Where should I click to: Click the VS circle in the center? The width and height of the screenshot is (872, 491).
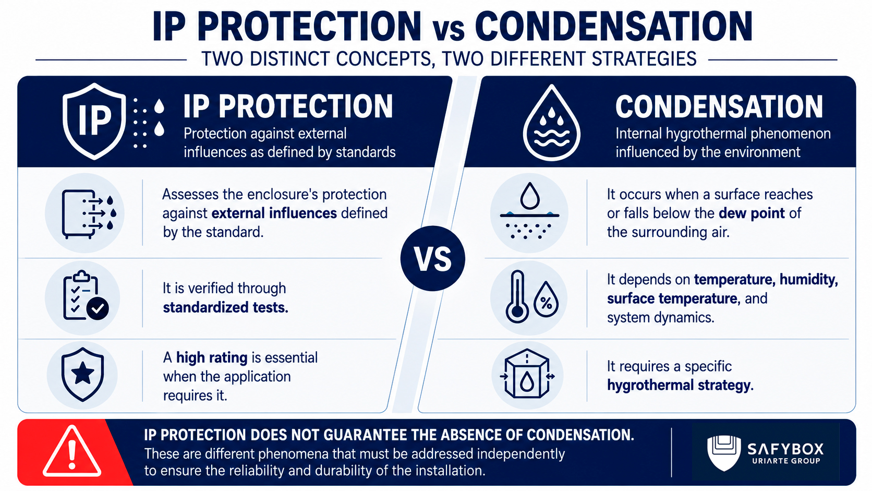(x=432, y=258)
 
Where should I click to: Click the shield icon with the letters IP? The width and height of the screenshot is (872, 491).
(x=94, y=121)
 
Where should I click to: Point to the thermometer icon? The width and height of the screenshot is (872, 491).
(x=517, y=296)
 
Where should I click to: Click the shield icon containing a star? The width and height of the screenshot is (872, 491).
(x=82, y=374)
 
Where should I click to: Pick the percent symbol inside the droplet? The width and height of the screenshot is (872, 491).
(x=546, y=303)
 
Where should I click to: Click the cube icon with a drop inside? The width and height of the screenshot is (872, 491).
(x=527, y=374)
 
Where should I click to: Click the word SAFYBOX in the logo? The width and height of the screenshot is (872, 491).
(x=785, y=449)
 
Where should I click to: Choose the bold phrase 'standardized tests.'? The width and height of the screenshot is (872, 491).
(x=225, y=308)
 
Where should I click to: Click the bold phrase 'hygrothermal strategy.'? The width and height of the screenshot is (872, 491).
(x=680, y=386)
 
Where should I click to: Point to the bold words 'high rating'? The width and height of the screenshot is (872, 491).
(x=212, y=357)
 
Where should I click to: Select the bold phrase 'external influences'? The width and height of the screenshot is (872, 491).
(x=274, y=213)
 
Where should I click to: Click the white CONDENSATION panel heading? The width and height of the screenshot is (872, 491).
(x=719, y=106)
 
